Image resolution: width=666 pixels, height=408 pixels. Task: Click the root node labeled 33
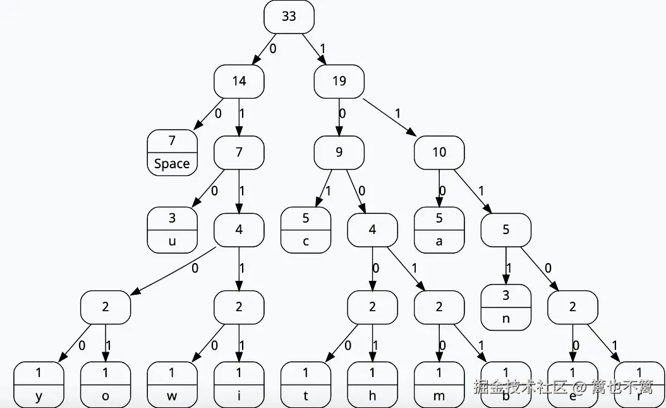click(289, 16)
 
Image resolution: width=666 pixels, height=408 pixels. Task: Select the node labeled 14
click(239, 81)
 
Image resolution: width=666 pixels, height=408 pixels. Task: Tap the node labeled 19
click(339, 81)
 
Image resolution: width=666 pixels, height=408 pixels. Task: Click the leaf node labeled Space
click(172, 152)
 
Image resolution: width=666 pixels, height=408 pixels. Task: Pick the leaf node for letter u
click(172, 230)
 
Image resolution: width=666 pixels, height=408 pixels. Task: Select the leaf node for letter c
click(306, 230)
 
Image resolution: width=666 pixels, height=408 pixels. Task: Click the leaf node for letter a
click(439, 230)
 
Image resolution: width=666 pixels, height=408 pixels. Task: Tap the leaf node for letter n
click(506, 307)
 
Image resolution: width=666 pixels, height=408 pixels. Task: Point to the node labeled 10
click(439, 152)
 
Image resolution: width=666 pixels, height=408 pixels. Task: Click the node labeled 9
click(339, 152)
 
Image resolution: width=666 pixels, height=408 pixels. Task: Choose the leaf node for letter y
click(39, 385)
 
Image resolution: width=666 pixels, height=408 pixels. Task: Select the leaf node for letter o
click(105, 385)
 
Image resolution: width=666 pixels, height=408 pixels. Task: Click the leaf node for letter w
click(172, 385)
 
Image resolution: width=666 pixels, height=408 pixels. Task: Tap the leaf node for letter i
click(239, 385)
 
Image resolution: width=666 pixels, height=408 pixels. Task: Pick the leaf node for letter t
click(306, 385)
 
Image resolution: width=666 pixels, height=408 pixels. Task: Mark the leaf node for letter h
click(372, 385)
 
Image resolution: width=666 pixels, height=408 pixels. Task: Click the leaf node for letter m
click(439, 385)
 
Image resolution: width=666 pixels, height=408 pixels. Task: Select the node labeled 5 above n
click(506, 230)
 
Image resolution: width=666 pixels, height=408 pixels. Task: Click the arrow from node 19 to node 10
click(389, 116)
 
